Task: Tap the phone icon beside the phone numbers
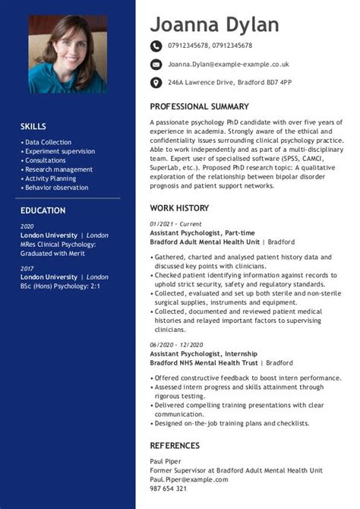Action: click(156, 46)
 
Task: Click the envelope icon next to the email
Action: click(156, 65)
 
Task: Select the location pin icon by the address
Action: click(156, 82)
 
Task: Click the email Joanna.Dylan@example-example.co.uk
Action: click(228, 65)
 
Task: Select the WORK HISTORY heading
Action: click(179, 207)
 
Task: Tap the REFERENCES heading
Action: click(175, 445)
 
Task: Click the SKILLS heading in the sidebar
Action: click(33, 126)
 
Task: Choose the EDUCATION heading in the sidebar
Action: click(43, 210)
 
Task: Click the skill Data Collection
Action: click(48, 142)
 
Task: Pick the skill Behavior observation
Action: click(56, 188)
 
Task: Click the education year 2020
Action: click(27, 226)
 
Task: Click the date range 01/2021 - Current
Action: click(175, 224)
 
